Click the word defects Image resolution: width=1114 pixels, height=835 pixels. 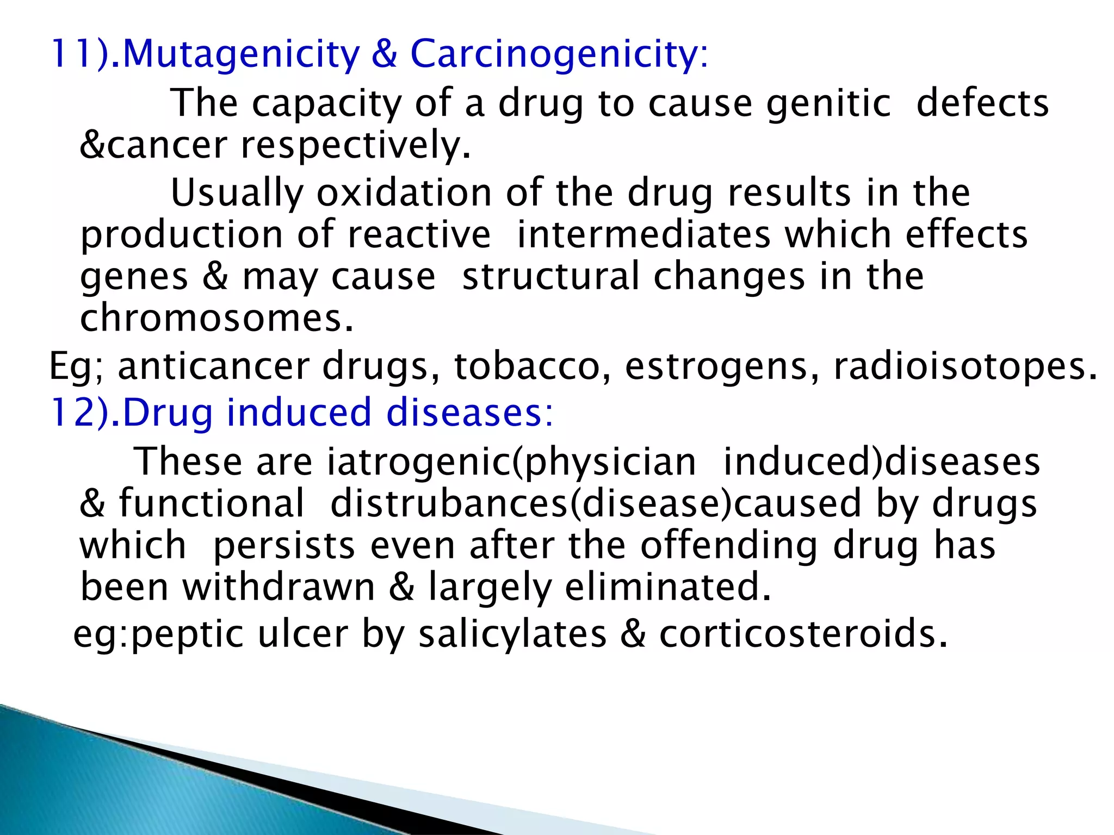coord(982,103)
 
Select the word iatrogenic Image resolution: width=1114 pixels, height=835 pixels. coord(419,462)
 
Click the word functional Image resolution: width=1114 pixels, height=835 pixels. coord(212,503)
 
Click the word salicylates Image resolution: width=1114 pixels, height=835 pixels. coord(512,634)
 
